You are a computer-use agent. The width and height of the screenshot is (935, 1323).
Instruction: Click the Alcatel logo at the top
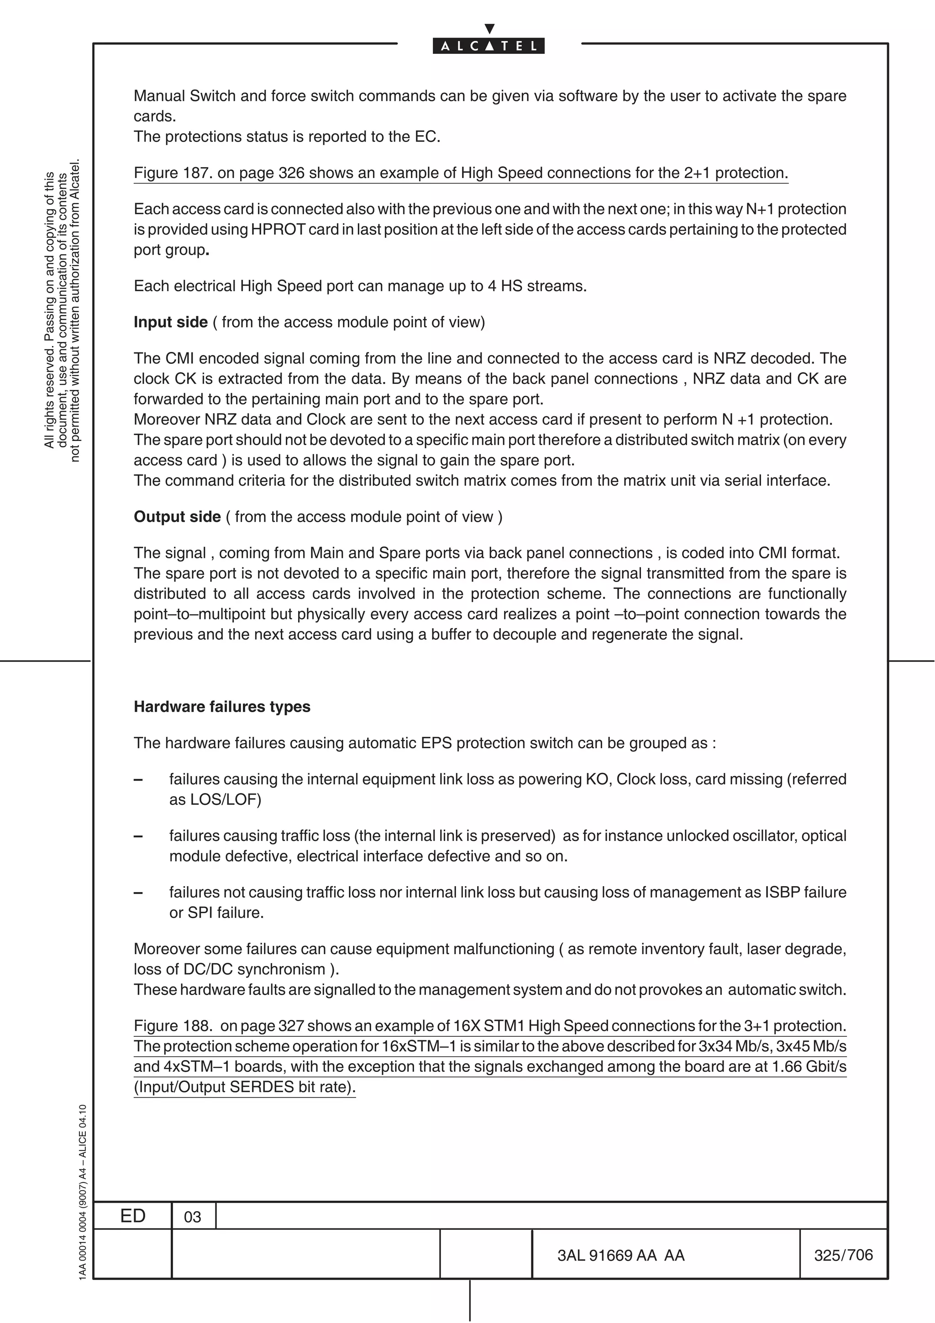[489, 46]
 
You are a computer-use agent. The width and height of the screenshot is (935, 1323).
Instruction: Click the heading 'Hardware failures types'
[222, 707]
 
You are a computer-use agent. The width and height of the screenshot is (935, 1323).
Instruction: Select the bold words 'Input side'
[171, 322]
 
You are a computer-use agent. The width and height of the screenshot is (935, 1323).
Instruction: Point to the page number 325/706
[843, 1255]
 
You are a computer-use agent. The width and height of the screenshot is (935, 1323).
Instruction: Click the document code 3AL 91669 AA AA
[621, 1255]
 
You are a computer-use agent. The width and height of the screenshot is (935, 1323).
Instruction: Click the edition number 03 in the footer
[192, 1217]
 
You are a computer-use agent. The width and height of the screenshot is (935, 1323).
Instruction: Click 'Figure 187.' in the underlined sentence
[173, 173]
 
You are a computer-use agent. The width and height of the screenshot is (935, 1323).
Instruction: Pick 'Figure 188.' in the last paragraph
[173, 1026]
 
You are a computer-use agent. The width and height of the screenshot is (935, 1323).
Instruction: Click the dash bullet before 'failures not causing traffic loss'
[138, 892]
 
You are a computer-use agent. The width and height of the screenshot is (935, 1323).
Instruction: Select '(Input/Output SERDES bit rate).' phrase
[245, 1087]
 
